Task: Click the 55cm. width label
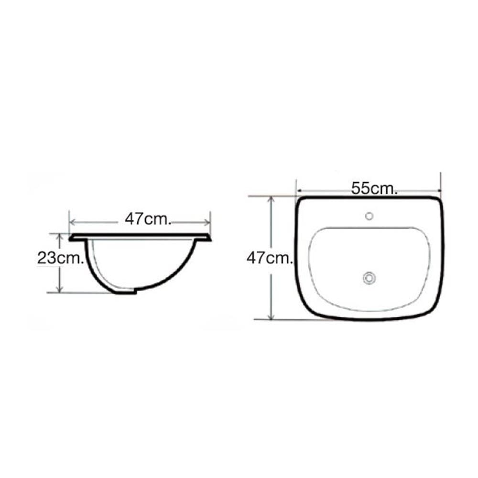click(374, 188)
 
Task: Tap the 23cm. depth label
click(60, 258)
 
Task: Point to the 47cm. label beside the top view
click(270, 258)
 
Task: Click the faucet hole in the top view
click(369, 216)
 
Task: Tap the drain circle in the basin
click(369, 278)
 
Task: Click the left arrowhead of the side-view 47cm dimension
click(73, 222)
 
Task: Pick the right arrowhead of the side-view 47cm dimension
click(207, 222)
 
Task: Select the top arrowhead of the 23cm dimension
click(60, 236)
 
